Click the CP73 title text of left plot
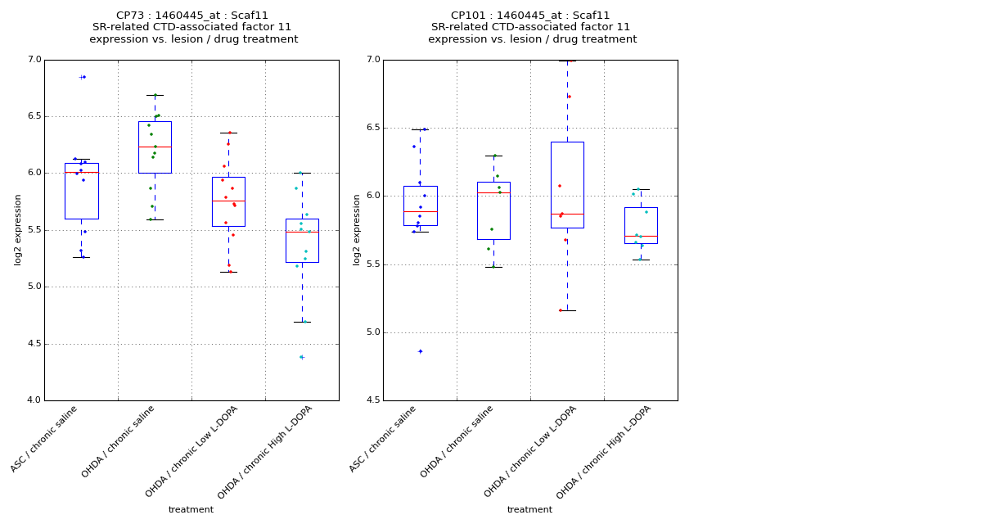192,16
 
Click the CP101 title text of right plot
530,16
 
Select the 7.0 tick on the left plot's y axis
34,60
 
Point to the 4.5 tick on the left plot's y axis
34,344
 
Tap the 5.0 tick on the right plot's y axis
373,332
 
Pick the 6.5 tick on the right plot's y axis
373,128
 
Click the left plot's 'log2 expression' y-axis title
18,229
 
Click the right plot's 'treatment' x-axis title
529,510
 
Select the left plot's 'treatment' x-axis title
191,510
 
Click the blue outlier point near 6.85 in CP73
83,77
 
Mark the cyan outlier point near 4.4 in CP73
301,357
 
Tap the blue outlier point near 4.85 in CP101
421,351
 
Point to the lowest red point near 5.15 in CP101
561,310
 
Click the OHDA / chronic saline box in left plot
155,147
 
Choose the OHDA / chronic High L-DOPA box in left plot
302,241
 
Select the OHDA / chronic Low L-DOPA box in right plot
567,185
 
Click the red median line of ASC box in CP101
420,211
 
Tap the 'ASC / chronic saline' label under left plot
46,438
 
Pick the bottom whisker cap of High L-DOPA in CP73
302,322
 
